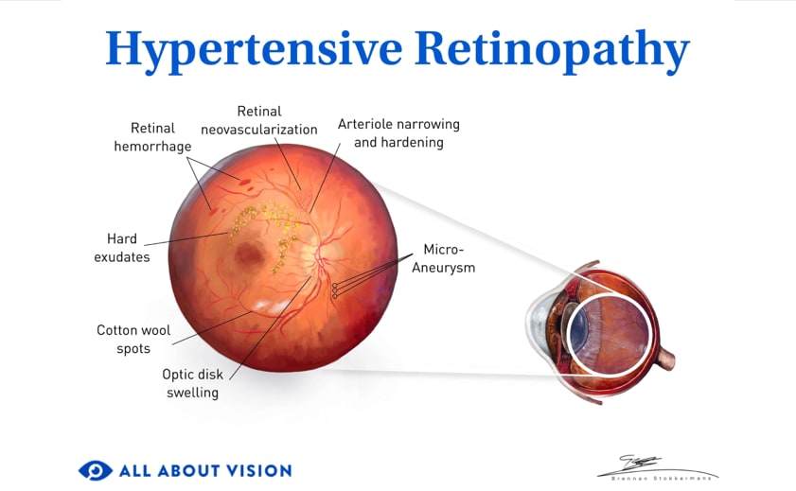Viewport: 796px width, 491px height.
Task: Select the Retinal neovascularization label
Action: coord(258,120)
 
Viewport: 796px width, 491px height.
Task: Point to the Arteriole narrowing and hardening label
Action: coord(398,133)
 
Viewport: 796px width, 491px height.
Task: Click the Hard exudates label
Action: coord(121,248)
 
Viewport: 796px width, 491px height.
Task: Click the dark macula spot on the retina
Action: coord(251,253)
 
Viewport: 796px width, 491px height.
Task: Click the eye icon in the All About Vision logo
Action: coord(95,470)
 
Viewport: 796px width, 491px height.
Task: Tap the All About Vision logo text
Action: coord(204,470)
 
